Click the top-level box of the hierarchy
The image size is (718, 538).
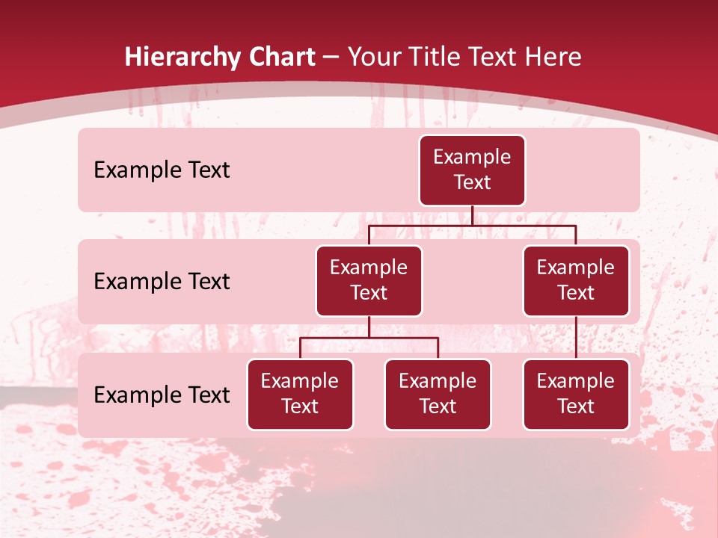click(x=472, y=170)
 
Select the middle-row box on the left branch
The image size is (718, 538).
click(x=369, y=280)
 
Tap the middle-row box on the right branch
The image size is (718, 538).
click(x=576, y=280)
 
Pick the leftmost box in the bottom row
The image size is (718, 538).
click(x=300, y=394)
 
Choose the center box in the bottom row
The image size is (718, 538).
click(x=438, y=394)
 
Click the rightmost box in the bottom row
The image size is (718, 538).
click(x=576, y=394)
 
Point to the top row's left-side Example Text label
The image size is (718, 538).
click(x=162, y=170)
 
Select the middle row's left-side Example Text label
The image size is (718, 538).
click(x=162, y=282)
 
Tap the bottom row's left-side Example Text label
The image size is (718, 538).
click(x=162, y=395)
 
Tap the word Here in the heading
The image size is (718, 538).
click(x=552, y=57)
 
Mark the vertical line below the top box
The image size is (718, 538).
click(x=472, y=215)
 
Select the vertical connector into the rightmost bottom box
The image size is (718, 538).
click(x=576, y=338)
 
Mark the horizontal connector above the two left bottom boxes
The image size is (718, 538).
click(x=369, y=338)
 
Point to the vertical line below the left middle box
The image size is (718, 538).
click(x=369, y=327)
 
